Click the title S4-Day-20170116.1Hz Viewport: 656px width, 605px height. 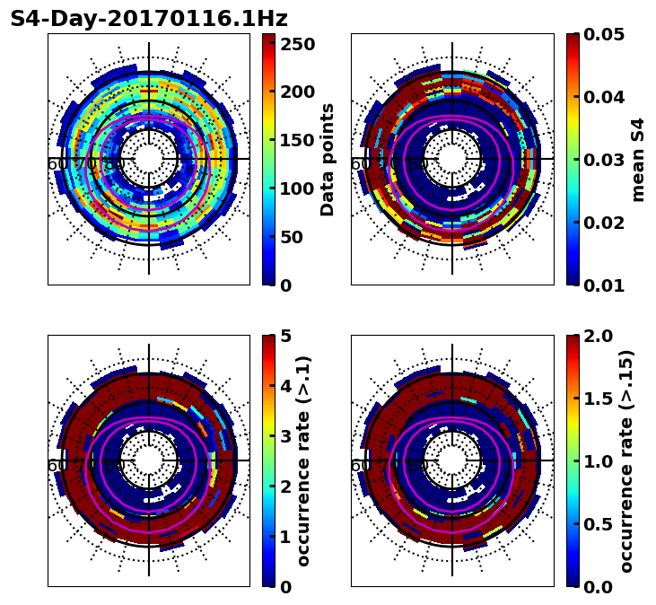[x=149, y=19]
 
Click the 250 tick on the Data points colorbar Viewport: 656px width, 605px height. [x=297, y=44]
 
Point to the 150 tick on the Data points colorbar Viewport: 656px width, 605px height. [x=297, y=140]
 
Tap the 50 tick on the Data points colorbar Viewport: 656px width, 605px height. [x=297, y=237]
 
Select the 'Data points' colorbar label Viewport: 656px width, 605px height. [x=328, y=160]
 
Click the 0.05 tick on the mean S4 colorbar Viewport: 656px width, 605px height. [x=605, y=34]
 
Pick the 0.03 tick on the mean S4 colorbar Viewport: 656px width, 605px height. [x=605, y=160]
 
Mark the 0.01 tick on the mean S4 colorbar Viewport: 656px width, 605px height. [x=605, y=285]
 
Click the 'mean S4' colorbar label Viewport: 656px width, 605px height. [x=638, y=160]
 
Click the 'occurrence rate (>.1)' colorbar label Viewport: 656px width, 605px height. [x=304, y=461]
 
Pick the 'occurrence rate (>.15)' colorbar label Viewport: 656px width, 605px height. [x=626, y=461]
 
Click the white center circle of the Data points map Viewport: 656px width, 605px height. [x=149, y=160]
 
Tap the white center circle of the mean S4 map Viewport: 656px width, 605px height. [x=452, y=160]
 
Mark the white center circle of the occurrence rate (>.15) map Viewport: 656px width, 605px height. [x=452, y=461]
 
